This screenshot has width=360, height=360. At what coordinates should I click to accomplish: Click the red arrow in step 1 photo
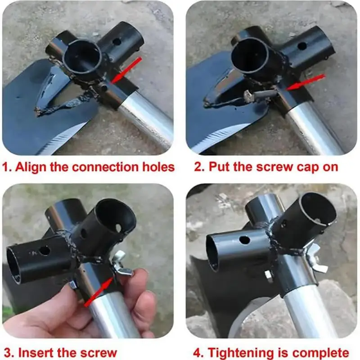tap(126, 70)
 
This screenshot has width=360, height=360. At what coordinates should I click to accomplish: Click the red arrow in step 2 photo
tap(306, 82)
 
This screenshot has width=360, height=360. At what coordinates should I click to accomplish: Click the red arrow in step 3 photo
tap(99, 292)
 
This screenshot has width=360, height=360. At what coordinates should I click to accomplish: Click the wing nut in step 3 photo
tap(121, 263)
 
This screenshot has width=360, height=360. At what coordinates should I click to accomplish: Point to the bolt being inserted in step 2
tap(261, 94)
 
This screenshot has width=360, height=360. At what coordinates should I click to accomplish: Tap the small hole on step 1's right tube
tap(117, 42)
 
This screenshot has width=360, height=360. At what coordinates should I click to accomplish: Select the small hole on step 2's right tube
tap(302, 46)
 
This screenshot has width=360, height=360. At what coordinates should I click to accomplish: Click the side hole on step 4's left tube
tap(244, 240)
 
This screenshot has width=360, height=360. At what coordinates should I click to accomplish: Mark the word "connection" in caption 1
tap(105, 167)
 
